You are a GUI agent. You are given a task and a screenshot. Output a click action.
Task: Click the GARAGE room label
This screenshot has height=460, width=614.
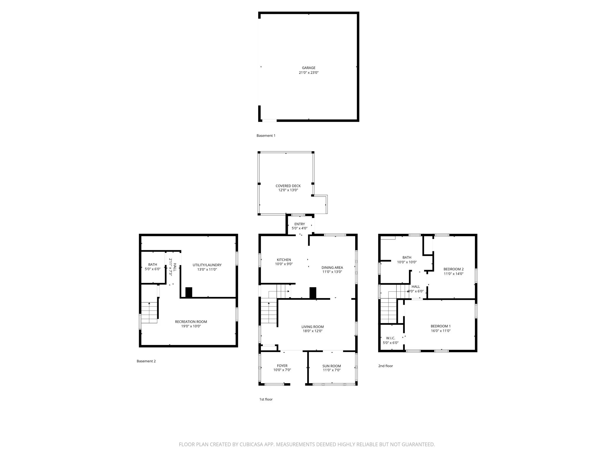[309, 68]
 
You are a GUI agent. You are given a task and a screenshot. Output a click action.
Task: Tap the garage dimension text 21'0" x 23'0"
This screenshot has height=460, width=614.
[309, 73]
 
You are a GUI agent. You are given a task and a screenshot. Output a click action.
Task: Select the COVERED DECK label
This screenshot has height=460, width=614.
[288, 186]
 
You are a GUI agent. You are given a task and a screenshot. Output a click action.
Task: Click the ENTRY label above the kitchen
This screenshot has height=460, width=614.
[299, 224]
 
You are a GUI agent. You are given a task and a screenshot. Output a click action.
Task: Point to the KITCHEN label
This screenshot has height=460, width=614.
[284, 260]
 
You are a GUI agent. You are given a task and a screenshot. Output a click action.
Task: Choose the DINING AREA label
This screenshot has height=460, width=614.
[332, 268]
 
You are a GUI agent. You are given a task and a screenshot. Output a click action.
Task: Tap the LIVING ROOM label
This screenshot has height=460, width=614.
[313, 327]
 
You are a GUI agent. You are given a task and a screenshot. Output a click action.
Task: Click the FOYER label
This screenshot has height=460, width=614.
[282, 366]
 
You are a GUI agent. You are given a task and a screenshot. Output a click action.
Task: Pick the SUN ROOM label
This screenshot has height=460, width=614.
[332, 366]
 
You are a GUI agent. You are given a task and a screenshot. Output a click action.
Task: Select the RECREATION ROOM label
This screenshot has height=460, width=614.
[191, 322]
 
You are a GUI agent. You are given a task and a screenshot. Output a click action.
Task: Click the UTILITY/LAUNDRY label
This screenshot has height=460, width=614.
[207, 265]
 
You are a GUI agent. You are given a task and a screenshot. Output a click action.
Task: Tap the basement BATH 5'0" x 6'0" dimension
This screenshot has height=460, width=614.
[153, 269]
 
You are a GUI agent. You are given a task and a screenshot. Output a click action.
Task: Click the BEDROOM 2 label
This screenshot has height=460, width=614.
[454, 269]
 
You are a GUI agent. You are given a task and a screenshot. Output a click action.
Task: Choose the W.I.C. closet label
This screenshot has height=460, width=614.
[391, 338]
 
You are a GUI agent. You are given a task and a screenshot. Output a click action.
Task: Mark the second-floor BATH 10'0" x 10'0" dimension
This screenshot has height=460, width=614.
[407, 262]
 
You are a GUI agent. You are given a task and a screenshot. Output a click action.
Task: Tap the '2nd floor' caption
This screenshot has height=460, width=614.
[386, 366]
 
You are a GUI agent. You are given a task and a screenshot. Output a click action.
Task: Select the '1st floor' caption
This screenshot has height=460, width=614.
[266, 399]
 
